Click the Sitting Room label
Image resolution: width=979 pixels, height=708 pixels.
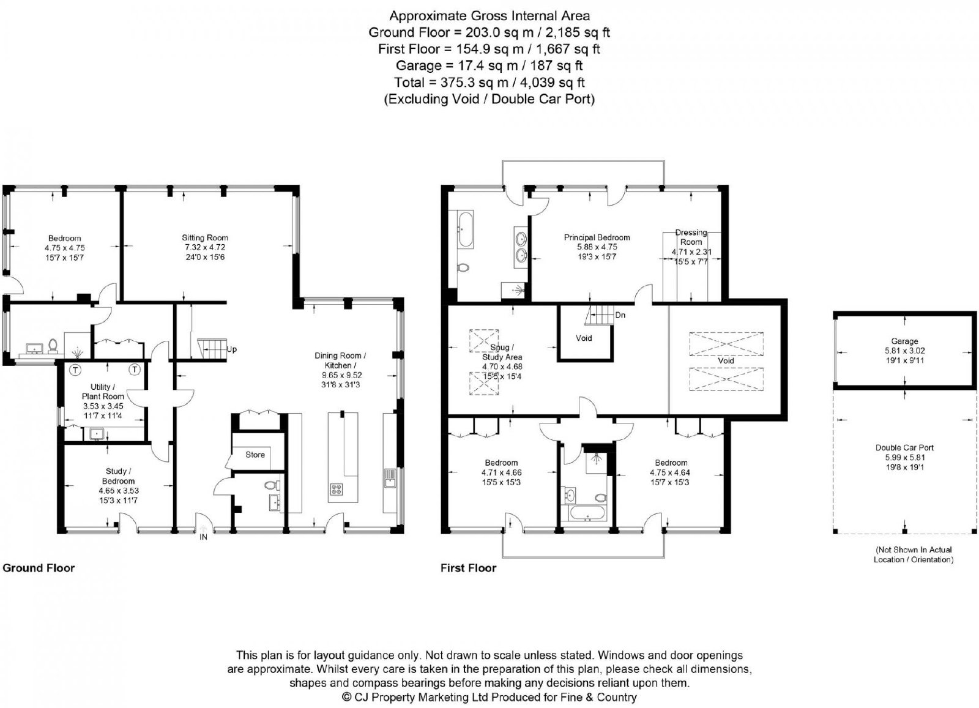point(205,238)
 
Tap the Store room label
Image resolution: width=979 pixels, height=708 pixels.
point(255,455)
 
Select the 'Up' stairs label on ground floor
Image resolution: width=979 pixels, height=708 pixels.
point(232,349)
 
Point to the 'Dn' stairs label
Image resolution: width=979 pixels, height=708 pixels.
point(620,315)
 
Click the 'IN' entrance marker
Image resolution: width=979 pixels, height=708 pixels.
point(203,537)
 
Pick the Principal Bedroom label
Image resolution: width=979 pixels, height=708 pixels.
point(597,237)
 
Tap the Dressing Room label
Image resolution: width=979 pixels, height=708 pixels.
point(691,237)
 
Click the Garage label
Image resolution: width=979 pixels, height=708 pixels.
point(904,341)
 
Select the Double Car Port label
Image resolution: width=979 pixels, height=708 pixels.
point(904,447)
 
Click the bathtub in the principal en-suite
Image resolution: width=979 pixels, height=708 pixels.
point(464,229)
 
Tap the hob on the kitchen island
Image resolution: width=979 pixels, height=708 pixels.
point(337,490)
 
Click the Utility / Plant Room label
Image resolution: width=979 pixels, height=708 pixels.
point(103,392)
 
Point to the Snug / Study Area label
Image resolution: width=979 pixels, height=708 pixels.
point(502,352)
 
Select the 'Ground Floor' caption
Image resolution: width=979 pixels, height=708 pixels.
point(39,568)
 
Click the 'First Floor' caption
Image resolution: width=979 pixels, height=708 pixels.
point(468,568)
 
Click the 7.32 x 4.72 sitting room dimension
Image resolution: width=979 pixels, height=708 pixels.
point(205,247)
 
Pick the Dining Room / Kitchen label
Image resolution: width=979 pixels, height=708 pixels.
point(340,360)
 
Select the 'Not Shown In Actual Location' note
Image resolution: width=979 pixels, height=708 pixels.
point(914,554)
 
